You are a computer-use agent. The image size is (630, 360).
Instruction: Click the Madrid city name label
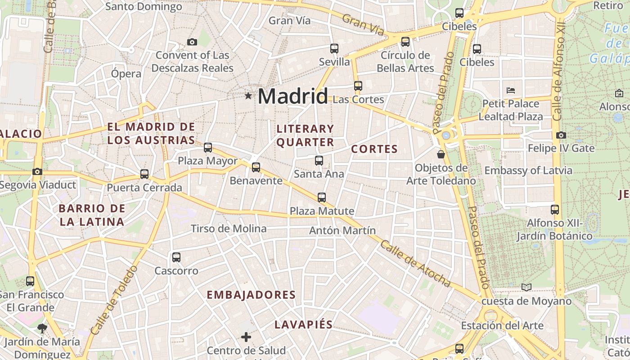[293, 96]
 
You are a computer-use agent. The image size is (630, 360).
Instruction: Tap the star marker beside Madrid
[248, 95]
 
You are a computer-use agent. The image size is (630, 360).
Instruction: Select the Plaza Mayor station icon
[208, 147]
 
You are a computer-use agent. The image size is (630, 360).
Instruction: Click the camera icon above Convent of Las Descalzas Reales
[192, 42]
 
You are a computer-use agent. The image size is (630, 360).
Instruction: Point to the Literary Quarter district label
[305, 135]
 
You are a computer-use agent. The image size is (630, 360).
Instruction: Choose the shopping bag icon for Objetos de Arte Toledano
[441, 154]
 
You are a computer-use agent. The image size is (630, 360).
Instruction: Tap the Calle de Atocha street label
[415, 263]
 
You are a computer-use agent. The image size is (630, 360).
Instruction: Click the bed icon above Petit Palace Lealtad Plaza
[510, 90]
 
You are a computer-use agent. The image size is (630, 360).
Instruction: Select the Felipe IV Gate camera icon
[561, 135]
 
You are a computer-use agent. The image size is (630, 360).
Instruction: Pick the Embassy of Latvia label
[528, 171]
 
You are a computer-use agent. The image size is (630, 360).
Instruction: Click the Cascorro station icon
[176, 257]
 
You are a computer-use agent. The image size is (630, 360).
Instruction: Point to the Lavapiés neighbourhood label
[304, 324]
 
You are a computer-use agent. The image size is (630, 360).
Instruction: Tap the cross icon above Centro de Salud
[246, 337]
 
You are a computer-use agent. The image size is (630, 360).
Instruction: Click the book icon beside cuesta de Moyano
[526, 287]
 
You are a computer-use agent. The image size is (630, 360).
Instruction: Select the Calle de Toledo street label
[114, 300]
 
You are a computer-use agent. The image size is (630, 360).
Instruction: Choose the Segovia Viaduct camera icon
[37, 171]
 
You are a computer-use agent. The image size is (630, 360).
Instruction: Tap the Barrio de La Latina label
[92, 215]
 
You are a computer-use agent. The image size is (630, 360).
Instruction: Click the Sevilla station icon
[334, 48]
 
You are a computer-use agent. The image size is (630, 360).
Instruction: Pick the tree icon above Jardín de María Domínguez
[43, 328]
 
